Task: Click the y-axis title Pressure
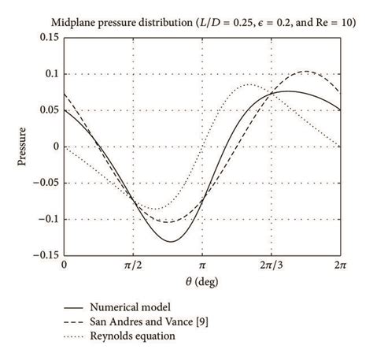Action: (x=23, y=146)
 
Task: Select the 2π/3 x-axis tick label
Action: (x=271, y=266)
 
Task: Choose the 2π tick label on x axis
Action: (x=339, y=266)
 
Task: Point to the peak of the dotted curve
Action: (x=249, y=84)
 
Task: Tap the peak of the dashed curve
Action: (x=305, y=72)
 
